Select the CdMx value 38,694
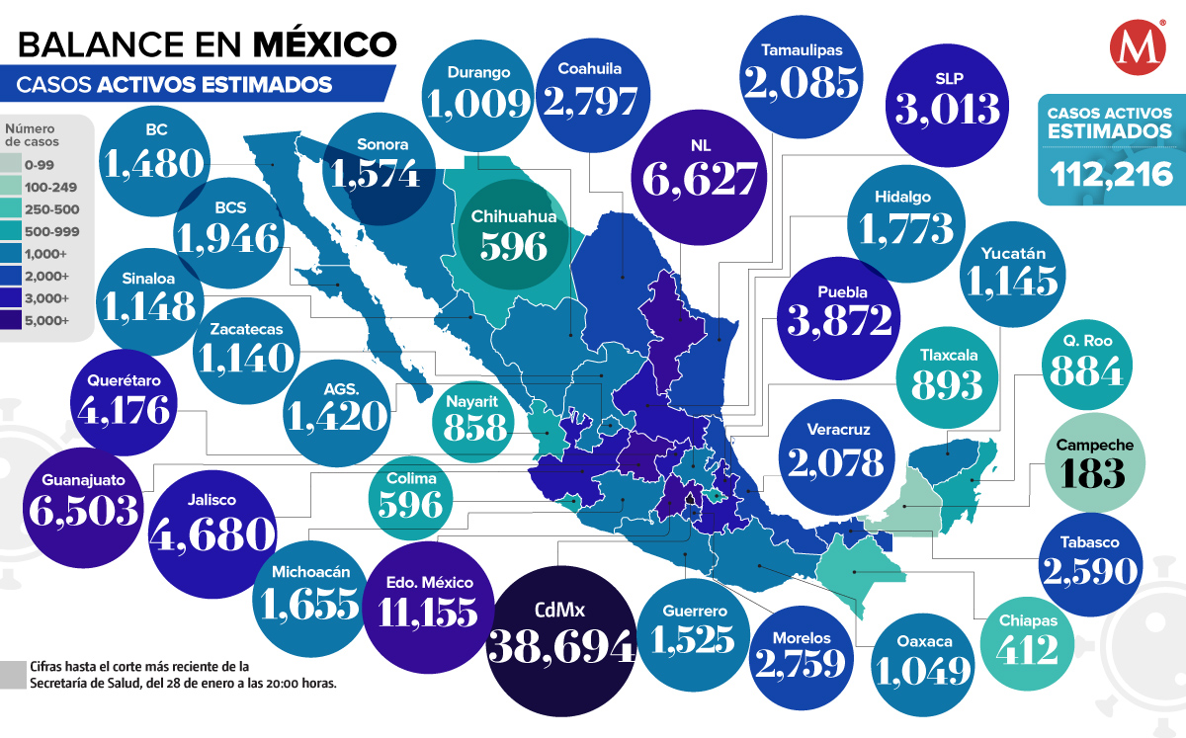click(x=561, y=647)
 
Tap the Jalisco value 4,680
click(x=212, y=533)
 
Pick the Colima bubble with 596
click(x=412, y=494)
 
